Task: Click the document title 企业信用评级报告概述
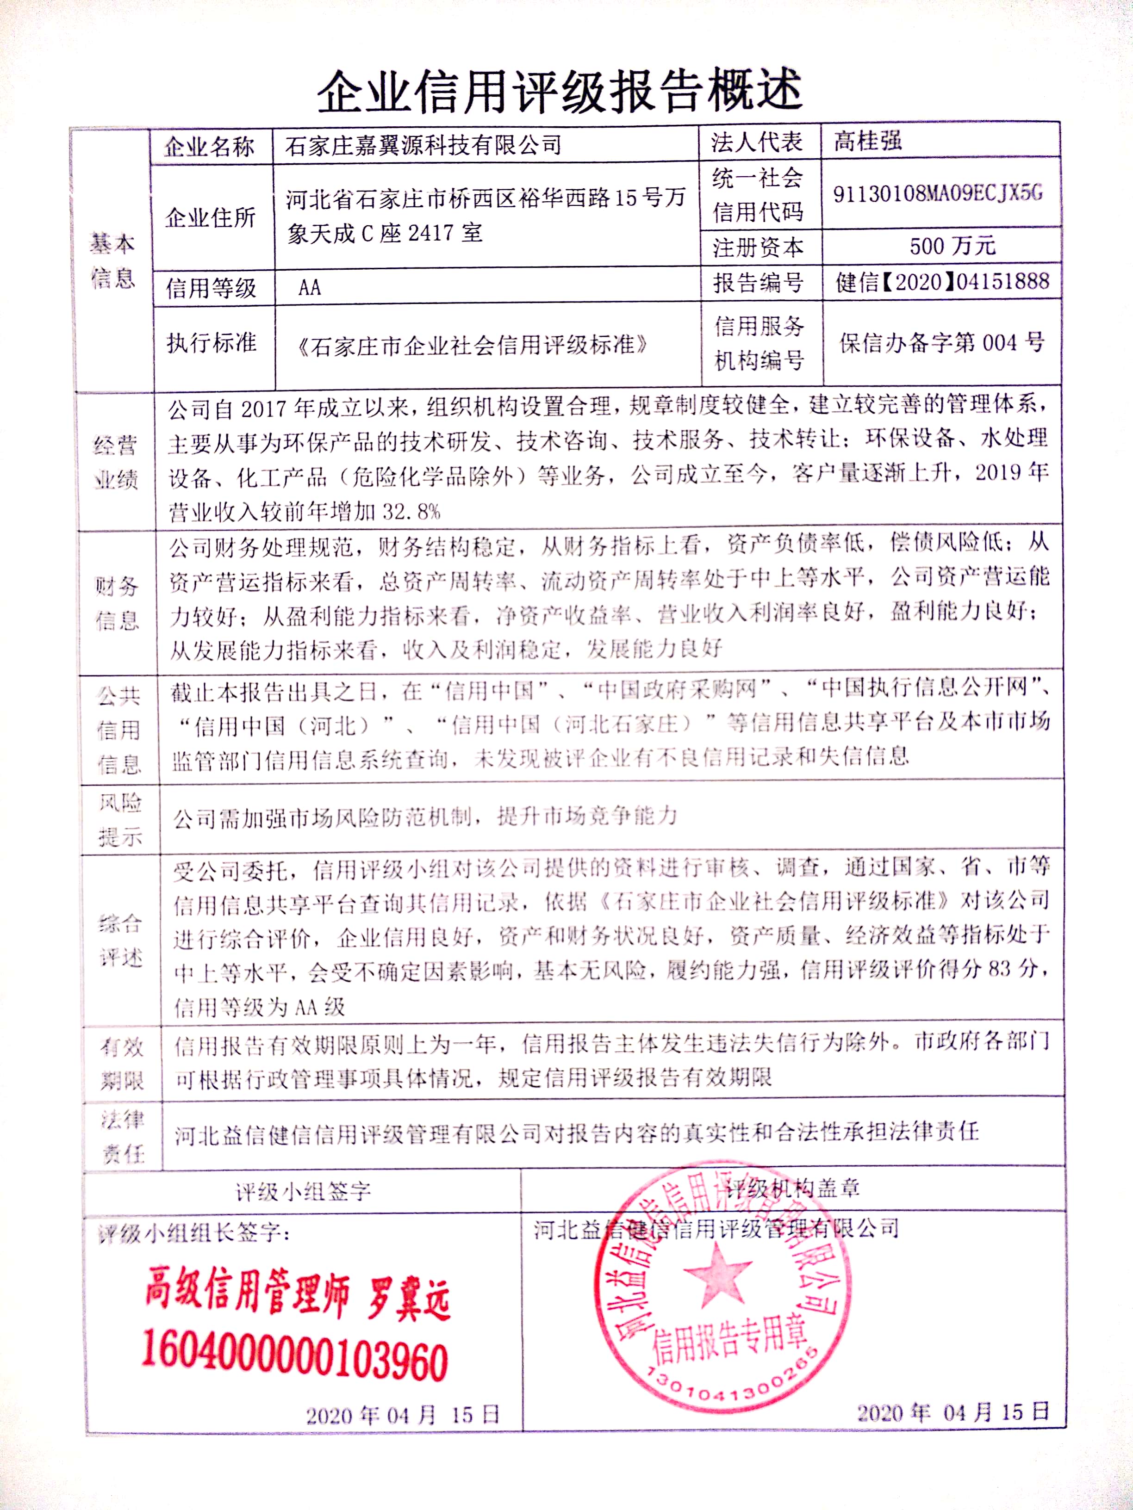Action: coord(560,92)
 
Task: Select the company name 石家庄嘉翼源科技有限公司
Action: coord(423,145)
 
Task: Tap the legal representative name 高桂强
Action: coord(867,141)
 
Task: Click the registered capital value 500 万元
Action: coord(952,246)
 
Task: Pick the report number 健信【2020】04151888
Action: coord(942,282)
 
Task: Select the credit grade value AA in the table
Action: coord(309,287)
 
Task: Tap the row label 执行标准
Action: coord(211,343)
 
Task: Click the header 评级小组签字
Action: coord(303,1192)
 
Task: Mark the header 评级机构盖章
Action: coord(792,1189)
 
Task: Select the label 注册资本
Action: coord(758,247)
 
